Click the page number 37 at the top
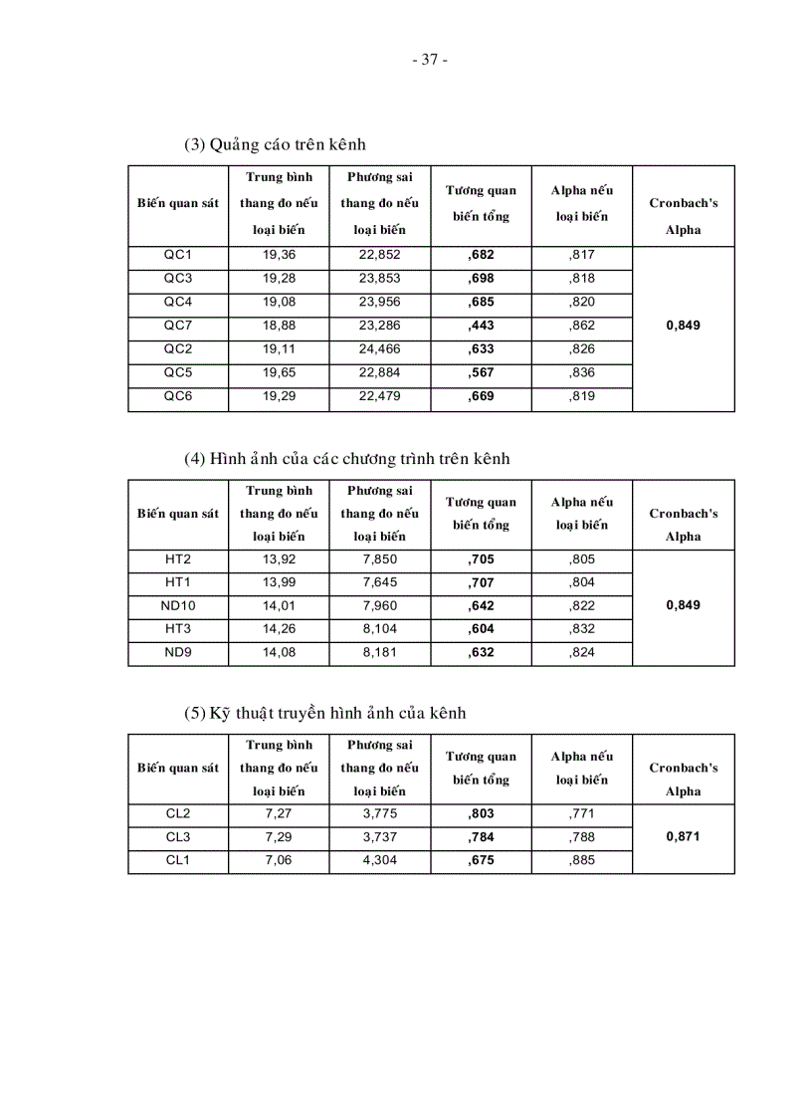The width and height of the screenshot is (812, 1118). [429, 59]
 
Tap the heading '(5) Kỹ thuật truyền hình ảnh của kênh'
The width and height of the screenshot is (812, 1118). [324, 713]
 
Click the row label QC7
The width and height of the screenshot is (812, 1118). [178, 325]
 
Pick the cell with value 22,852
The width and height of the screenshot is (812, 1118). [379, 255]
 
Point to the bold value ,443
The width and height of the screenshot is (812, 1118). [481, 325]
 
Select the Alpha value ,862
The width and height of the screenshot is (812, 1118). [581, 325]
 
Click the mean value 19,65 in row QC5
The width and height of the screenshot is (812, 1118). [279, 371]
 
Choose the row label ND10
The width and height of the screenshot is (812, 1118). [178, 605]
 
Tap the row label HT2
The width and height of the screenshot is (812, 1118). [178, 559]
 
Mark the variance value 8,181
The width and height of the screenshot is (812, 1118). [379, 653]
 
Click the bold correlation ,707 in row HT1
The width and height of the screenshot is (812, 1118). [481, 582]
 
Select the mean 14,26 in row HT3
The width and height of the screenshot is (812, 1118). [279, 629]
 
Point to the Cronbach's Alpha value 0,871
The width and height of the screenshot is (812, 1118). [683, 836]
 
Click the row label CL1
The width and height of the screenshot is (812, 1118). [178, 860]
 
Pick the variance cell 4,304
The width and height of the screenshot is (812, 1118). [379, 860]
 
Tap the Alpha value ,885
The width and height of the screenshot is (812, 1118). [581, 860]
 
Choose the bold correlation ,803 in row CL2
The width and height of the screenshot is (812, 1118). [481, 813]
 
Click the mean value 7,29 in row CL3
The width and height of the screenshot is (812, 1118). [279, 836]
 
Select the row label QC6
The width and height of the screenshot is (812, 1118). [178, 395]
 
